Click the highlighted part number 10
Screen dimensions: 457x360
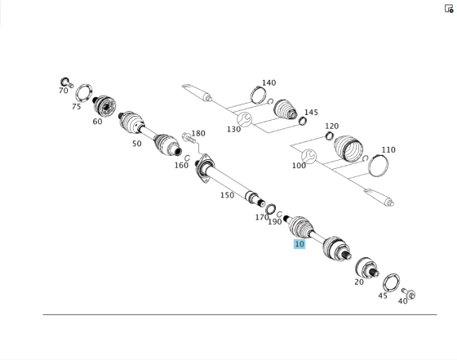(299, 244)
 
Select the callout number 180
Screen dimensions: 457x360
(198, 134)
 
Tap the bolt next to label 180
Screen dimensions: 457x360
(188, 138)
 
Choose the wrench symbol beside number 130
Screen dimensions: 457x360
(244, 119)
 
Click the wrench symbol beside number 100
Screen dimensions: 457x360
(309, 157)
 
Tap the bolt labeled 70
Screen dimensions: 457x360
(66, 82)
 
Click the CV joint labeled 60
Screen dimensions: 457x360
(104, 106)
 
